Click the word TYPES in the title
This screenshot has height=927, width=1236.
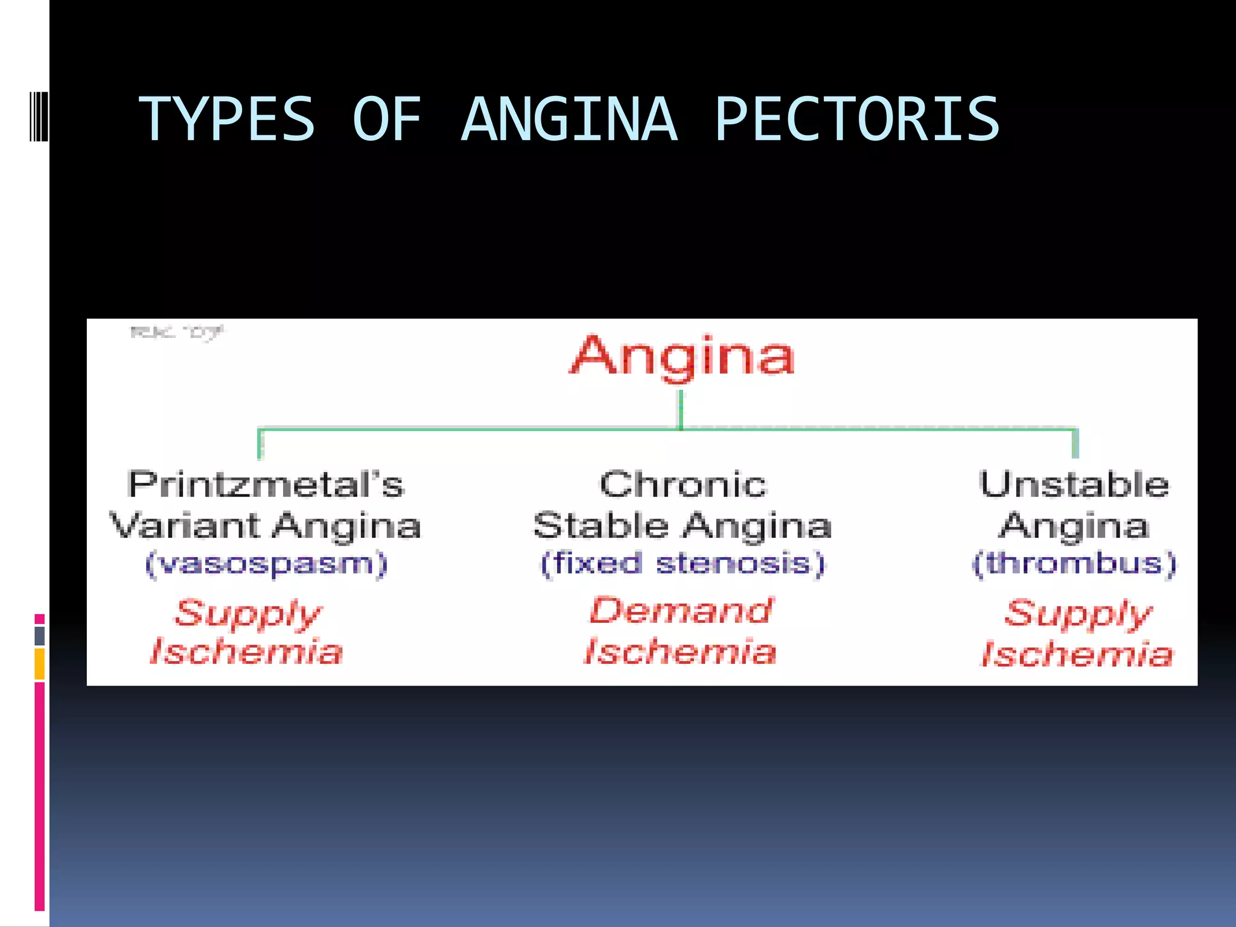pos(227,119)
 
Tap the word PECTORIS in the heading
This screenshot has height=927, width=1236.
pos(857,119)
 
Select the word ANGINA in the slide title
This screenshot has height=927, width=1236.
pos(570,119)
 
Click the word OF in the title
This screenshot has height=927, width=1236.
pos(386,119)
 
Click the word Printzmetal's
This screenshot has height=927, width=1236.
pos(266,485)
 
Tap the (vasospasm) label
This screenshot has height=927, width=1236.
pos(266,564)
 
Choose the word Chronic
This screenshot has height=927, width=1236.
pos(683,485)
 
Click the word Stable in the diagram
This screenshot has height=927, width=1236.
pos(600,525)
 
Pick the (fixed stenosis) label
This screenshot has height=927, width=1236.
pos(683,564)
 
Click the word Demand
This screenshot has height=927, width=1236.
pos(681,611)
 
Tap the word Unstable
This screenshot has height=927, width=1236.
pos(1074,485)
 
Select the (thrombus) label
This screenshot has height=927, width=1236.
pos(1074,564)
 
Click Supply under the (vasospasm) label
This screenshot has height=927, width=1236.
pos(248,614)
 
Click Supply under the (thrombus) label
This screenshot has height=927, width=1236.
pos(1078,614)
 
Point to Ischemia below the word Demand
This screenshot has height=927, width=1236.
pos(680,652)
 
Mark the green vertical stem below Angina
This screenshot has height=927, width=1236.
pos(681,409)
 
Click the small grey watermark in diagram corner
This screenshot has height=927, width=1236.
pos(176,332)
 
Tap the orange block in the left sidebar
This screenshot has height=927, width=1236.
pos(40,664)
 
